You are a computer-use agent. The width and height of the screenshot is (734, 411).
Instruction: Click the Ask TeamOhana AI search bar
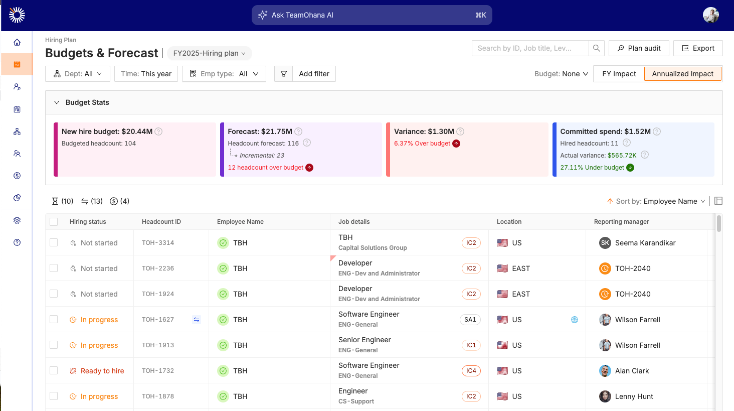pos(372,15)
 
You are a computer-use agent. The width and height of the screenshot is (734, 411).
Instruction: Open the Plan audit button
pos(639,48)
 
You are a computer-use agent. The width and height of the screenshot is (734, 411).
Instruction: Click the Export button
pos(698,48)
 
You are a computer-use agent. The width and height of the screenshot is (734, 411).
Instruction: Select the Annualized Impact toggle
pos(682,74)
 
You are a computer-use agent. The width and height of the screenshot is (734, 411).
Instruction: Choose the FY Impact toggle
pos(619,74)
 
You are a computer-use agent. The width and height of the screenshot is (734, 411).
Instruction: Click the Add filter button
pos(314,74)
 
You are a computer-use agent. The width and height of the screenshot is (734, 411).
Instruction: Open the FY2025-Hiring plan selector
pos(209,53)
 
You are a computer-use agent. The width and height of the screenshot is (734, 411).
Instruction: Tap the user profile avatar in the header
pos(710,15)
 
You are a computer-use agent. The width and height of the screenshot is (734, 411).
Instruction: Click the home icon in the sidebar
pos(17,42)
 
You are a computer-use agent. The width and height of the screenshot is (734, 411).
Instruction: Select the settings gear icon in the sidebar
pos(17,220)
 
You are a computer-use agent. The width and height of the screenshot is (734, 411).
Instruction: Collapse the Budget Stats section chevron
pos(57,102)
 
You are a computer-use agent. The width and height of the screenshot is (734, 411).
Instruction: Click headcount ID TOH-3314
pos(158,243)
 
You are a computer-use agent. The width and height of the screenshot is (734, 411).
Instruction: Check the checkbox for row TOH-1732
pos(54,370)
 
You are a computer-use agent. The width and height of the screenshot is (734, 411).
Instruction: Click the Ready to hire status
pos(102,371)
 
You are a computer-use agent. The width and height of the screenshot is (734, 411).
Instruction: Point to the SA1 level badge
pos(470,320)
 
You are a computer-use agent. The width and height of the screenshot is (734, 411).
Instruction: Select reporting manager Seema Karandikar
pos(645,243)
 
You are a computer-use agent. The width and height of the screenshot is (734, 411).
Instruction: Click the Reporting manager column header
pos(621,222)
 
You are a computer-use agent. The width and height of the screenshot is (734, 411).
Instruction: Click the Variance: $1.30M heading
pos(424,131)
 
